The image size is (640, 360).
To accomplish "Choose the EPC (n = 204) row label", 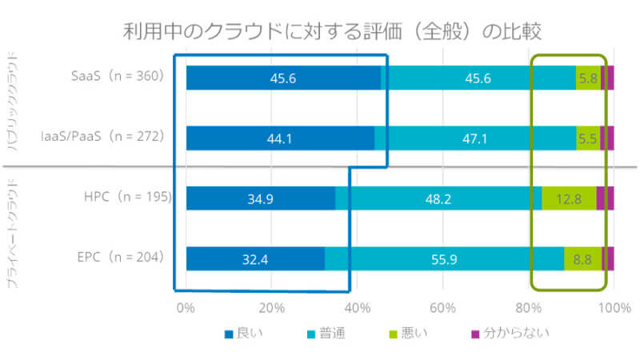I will (x=120, y=258).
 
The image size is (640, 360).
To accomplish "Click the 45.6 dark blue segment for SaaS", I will (x=283, y=78).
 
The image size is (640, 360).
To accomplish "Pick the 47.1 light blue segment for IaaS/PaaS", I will (x=475, y=138).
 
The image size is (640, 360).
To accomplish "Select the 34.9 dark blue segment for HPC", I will (x=261, y=198).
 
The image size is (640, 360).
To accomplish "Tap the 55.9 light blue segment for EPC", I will (x=444, y=258).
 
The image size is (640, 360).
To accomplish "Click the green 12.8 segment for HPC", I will (x=569, y=198).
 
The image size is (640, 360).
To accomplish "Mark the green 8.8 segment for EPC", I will (x=582, y=258).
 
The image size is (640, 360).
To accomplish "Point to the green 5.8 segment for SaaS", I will (x=588, y=78).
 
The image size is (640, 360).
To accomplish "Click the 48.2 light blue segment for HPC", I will (x=438, y=198).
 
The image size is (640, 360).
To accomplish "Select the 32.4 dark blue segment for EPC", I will (x=255, y=258).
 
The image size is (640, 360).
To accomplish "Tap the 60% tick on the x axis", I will (x=442, y=308).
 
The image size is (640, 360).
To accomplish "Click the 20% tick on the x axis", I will (x=272, y=308).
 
